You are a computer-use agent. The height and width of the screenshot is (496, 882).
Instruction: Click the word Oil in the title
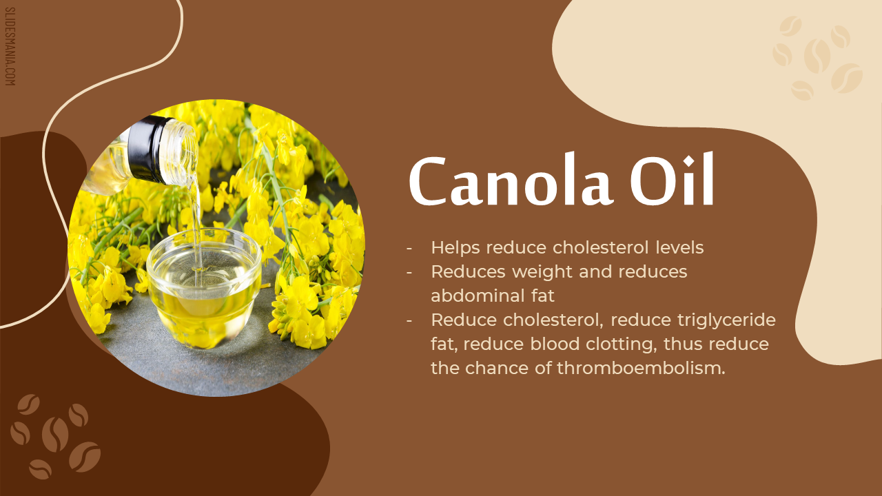coord(672,180)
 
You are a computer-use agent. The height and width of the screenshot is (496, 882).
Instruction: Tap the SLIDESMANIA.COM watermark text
coord(10,46)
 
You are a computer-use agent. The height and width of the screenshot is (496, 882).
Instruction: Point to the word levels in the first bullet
coord(679,247)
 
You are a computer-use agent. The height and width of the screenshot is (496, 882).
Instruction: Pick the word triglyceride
coord(726,320)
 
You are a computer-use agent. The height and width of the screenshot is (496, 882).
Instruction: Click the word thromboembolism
coord(641,369)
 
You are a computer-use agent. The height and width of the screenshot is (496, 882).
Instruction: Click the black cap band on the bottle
coord(148,149)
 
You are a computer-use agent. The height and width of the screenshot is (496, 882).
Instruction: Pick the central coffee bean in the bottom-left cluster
coord(55,435)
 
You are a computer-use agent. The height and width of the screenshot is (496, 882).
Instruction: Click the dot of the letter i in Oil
coord(688,161)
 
